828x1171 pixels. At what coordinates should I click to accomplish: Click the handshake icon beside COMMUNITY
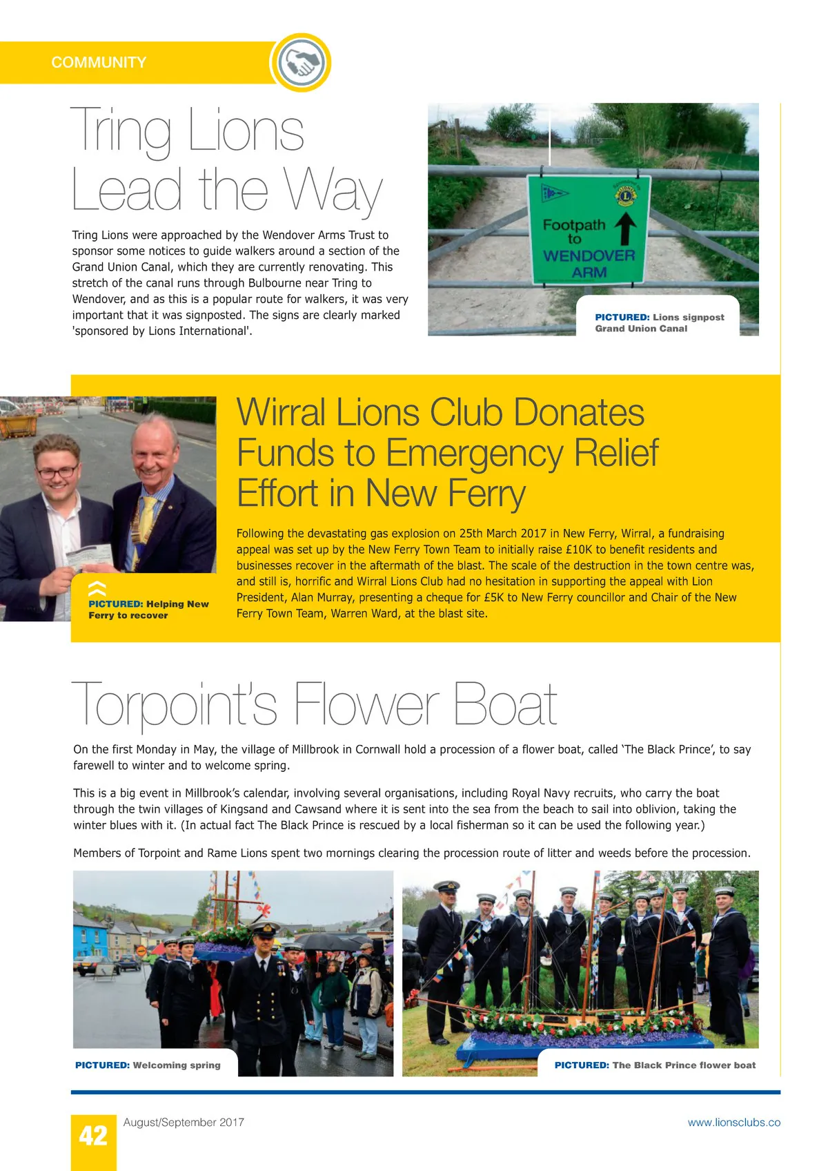[300, 63]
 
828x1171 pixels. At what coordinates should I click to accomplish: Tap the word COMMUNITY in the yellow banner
[99, 63]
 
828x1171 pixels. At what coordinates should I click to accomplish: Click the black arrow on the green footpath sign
[625, 229]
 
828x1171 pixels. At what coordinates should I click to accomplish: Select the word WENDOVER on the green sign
[589, 255]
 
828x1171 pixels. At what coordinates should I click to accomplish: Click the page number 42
[93, 1136]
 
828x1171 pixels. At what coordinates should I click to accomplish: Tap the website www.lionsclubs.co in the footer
[733, 1123]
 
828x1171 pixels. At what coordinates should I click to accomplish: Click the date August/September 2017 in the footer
[184, 1123]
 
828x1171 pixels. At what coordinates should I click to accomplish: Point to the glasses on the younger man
[57, 473]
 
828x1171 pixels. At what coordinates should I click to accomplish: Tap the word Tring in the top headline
[121, 131]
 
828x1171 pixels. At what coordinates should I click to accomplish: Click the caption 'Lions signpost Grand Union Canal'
[659, 323]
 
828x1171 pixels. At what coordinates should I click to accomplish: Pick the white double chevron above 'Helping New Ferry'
[97, 589]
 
